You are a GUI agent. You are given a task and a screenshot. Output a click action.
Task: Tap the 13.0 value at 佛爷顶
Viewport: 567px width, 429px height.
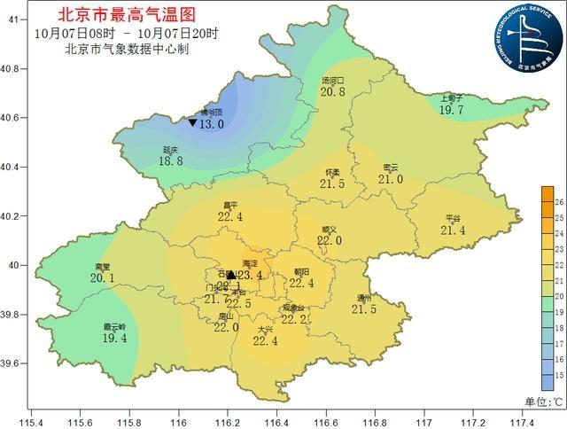click(211, 125)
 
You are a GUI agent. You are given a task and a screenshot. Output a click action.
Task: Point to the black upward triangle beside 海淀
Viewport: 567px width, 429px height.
click(231, 275)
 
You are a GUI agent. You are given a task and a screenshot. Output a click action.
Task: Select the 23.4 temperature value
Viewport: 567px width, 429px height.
click(251, 276)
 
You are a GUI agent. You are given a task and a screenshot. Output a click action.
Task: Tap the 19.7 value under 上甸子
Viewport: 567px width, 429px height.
click(453, 109)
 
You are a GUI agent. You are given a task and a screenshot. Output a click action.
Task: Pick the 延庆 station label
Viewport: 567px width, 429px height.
click(172, 151)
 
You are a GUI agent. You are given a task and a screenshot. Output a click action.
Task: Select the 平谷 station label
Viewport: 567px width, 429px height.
click(453, 218)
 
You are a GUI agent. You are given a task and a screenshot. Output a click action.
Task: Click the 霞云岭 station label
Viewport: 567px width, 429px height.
click(114, 327)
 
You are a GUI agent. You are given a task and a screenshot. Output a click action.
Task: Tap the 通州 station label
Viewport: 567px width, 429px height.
click(364, 298)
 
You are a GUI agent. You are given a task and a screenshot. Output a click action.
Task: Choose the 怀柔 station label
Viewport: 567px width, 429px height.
click(332, 172)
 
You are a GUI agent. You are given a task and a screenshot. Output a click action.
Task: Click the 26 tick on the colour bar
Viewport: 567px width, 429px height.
click(559, 202)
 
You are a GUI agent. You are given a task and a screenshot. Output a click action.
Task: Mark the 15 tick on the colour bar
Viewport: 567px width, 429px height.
click(559, 376)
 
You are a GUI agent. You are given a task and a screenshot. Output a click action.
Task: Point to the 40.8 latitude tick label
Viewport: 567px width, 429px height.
click(12, 68)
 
